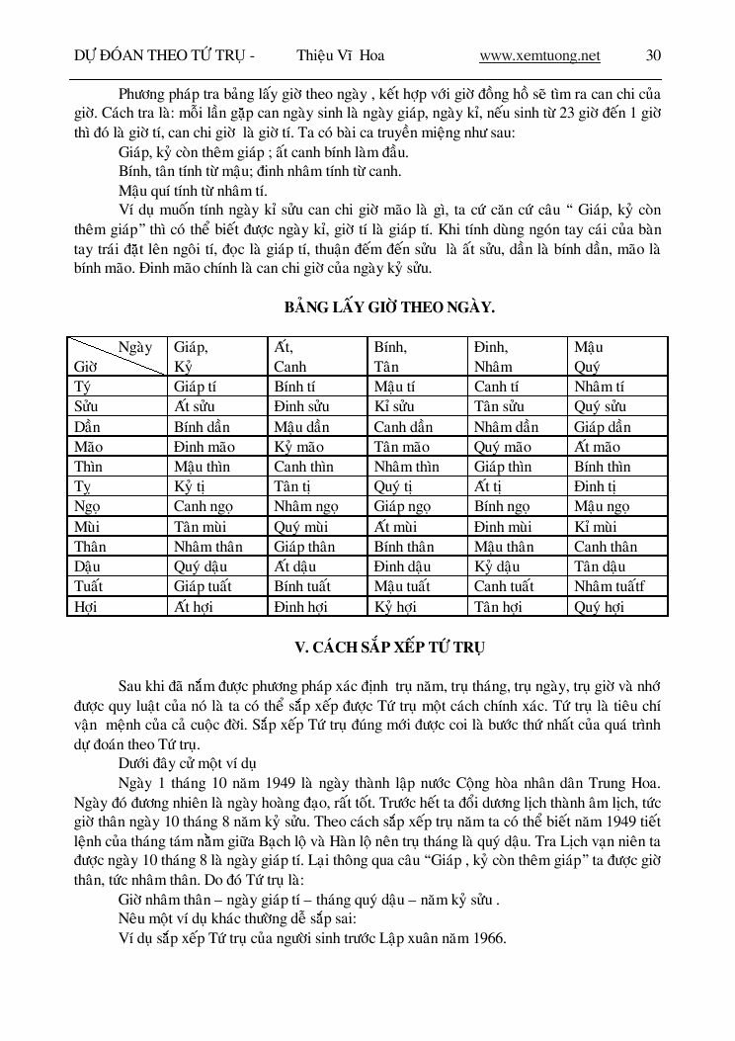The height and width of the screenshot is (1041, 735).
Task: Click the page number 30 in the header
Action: click(653, 55)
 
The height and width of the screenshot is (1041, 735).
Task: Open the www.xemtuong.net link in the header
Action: click(538, 55)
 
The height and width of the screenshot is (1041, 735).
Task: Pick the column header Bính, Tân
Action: click(390, 356)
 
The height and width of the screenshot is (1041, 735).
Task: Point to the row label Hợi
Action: click(86, 606)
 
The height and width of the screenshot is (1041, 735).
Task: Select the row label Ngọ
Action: click(88, 506)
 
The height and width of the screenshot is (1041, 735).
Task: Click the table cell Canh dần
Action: click(403, 427)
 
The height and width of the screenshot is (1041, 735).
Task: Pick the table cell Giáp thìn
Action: click(502, 467)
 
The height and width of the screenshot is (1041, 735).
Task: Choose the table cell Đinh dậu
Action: click(402, 566)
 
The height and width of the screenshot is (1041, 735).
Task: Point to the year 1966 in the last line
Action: click(487, 938)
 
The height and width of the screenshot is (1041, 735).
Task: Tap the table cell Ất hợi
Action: click(195, 606)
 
